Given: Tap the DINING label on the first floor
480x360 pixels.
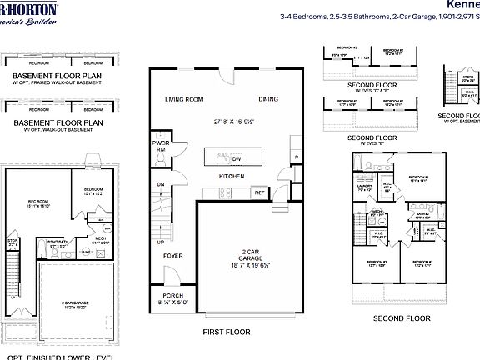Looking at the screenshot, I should click(x=268, y=99).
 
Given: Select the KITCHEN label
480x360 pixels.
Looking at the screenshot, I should click(x=231, y=177).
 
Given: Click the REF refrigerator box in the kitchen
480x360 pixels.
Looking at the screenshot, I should click(x=259, y=192).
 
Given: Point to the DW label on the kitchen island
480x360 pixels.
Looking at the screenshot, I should click(x=237, y=158).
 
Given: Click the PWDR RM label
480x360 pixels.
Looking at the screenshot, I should click(x=161, y=146).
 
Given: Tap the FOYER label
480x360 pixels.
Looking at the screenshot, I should click(x=172, y=256).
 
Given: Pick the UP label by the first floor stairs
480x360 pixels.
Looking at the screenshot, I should click(x=160, y=242).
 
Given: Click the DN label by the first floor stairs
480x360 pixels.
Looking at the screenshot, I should click(x=160, y=186).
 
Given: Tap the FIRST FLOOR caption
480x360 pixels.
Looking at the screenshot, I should click(x=226, y=331).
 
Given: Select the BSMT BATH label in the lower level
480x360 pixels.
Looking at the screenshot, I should click(x=57, y=244).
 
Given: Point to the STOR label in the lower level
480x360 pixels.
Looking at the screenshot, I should click(x=12, y=242).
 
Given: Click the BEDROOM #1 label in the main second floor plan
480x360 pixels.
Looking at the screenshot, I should click(x=417, y=177).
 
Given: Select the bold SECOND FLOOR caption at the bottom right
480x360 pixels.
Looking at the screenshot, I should click(x=402, y=318).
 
